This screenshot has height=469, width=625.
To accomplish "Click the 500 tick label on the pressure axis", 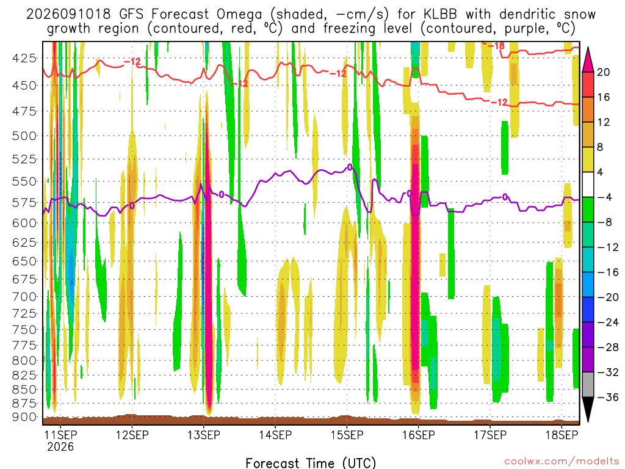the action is tap(24, 136).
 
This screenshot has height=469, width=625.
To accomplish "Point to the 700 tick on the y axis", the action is tap(24, 297).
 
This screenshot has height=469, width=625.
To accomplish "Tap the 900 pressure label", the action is tap(24, 417).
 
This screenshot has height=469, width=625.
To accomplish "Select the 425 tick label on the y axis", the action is tap(24, 59).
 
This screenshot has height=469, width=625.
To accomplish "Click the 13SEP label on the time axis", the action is tap(204, 435).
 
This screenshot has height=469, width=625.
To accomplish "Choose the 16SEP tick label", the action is tap(419, 435).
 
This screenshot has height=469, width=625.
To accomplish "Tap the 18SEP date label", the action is tap(562, 435).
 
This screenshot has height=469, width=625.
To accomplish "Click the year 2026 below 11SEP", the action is tap(60, 446).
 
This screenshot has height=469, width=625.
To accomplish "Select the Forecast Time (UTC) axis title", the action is tap(311, 463).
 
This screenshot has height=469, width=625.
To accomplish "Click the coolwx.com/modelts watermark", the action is tap(562, 462).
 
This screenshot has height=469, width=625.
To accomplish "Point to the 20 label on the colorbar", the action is tap(604, 72).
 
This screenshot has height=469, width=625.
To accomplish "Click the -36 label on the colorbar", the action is tap(607, 397).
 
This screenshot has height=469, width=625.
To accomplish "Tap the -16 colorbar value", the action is tap(607, 272).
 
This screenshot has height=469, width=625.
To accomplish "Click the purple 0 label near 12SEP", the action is tap(132, 206).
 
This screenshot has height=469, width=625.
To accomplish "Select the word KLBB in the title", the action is tap(441, 15).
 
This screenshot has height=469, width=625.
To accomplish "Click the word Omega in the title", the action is tap(239, 15).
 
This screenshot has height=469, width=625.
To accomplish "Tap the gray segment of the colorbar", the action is tap(588, 385).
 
